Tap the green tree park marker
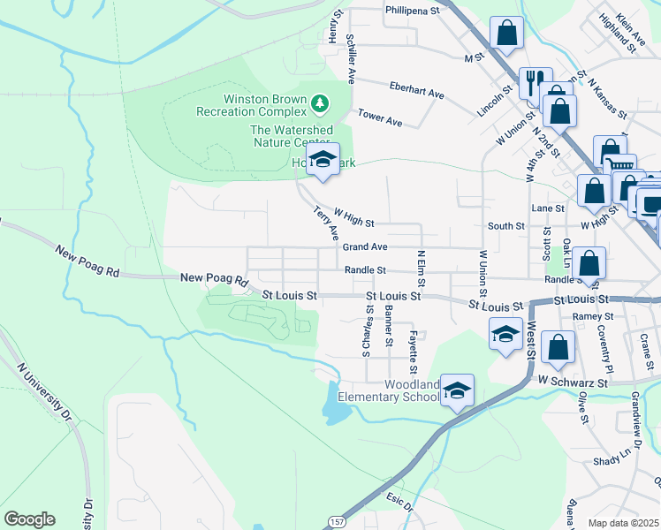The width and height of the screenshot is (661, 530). point(320,105)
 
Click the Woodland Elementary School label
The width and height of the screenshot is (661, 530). point(412,391)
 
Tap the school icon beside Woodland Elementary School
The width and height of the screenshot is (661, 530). point(457,390)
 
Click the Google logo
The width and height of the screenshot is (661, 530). point(29,519)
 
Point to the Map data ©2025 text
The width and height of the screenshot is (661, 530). point(623,523)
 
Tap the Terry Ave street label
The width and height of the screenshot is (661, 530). point(326,223)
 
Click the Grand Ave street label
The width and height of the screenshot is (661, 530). point(365,247)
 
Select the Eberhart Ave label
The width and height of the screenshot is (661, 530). point(416,91)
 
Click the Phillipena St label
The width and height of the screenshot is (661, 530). point(412,11)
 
